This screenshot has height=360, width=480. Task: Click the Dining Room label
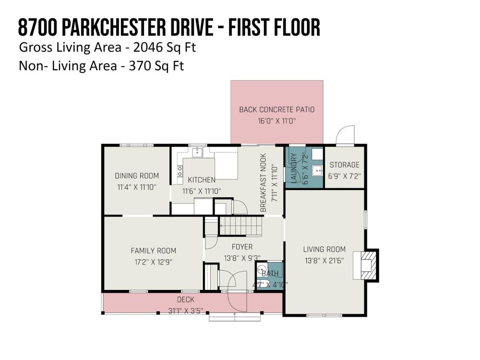click(x=137, y=176)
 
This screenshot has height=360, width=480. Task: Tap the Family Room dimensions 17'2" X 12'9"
click(x=154, y=262)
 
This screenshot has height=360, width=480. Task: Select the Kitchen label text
click(x=202, y=180)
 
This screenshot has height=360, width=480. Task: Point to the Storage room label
click(x=344, y=165)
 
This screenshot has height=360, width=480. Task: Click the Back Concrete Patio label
click(x=277, y=109)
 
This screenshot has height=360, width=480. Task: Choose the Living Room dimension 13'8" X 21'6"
click(x=324, y=261)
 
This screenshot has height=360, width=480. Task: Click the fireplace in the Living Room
click(x=366, y=265)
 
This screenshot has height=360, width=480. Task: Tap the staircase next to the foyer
click(x=241, y=226)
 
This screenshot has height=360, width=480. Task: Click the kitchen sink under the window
click(x=197, y=152)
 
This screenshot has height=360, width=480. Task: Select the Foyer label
click(x=242, y=247)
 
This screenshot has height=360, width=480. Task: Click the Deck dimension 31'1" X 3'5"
click(x=186, y=311)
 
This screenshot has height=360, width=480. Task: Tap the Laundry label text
click(x=293, y=168)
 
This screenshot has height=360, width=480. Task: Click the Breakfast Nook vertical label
click(x=263, y=183)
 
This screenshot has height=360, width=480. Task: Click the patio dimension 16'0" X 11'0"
click(x=277, y=120)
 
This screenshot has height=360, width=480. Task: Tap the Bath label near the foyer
click(x=270, y=274)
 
